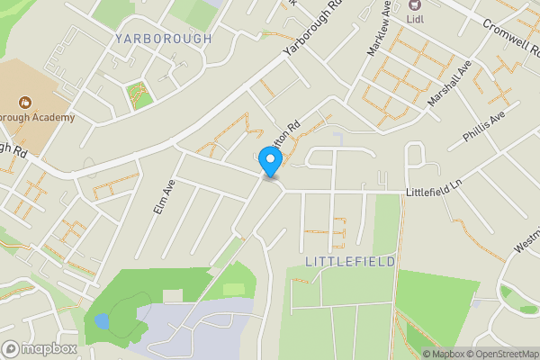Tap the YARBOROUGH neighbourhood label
tap(164, 39)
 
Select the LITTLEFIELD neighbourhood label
tap(350, 262)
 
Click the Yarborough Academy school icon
tap(22, 102)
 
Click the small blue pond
tap(102, 320)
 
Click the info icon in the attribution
tap(401, 352)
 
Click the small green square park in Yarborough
tap(138, 93)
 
